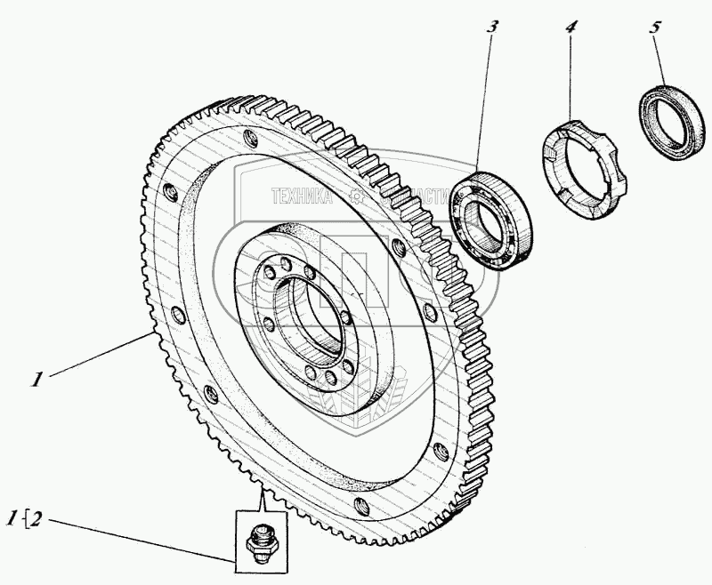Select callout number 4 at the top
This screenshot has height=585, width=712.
(x=570, y=26)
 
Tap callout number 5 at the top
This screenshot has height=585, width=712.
(x=655, y=26)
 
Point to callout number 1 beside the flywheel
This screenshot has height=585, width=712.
(x=36, y=379)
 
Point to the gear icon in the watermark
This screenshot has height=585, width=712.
(x=357, y=196)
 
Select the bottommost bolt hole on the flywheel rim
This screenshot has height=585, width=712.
(x=360, y=506)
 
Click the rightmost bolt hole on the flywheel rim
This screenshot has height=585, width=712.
(x=439, y=452)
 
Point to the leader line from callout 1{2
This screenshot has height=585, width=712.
(x=133, y=537)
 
